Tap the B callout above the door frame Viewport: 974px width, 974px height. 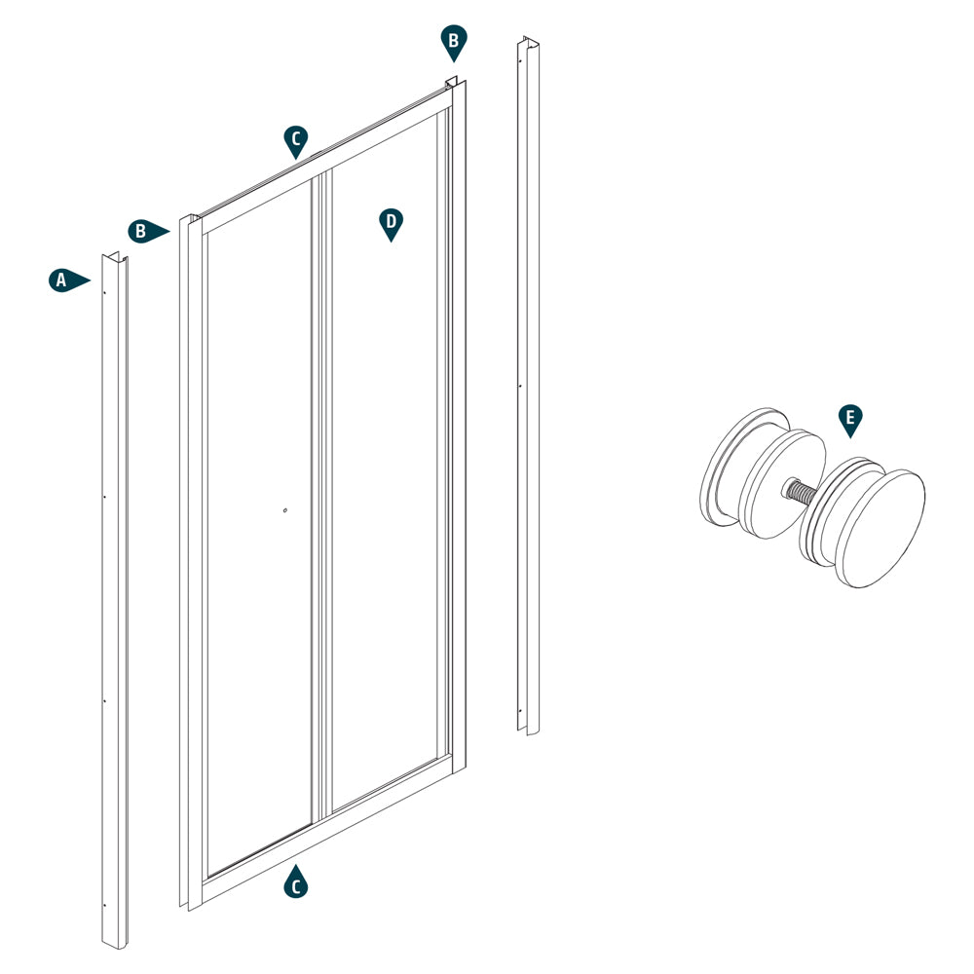[452, 42]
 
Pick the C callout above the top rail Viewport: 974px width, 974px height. [296, 139]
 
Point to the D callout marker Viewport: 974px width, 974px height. [391, 222]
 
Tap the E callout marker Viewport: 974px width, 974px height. [850, 420]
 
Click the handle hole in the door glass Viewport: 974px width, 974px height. [284, 508]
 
